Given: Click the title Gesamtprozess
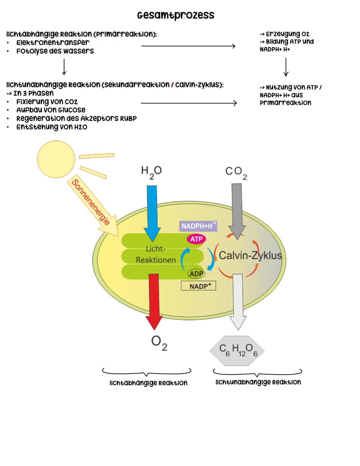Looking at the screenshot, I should point(176,15).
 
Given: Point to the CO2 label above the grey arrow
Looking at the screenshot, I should point(236,172).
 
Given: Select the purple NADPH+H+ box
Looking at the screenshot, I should point(198,226).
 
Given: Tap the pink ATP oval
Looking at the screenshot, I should point(196,239).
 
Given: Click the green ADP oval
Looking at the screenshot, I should point(196,274).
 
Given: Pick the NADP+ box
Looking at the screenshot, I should point(199,286).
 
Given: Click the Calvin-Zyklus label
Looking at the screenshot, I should point(250,256).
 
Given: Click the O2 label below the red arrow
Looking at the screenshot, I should point(159,343).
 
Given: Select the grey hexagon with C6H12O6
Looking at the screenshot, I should point(237,351).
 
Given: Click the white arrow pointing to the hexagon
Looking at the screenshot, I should point(238,300).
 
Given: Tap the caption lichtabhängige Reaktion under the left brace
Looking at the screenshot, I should point(148,383).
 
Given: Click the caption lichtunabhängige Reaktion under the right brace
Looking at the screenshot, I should point(258,382).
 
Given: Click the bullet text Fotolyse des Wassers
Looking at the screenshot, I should point(55,51).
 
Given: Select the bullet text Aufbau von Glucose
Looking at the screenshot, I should point(51,110).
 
